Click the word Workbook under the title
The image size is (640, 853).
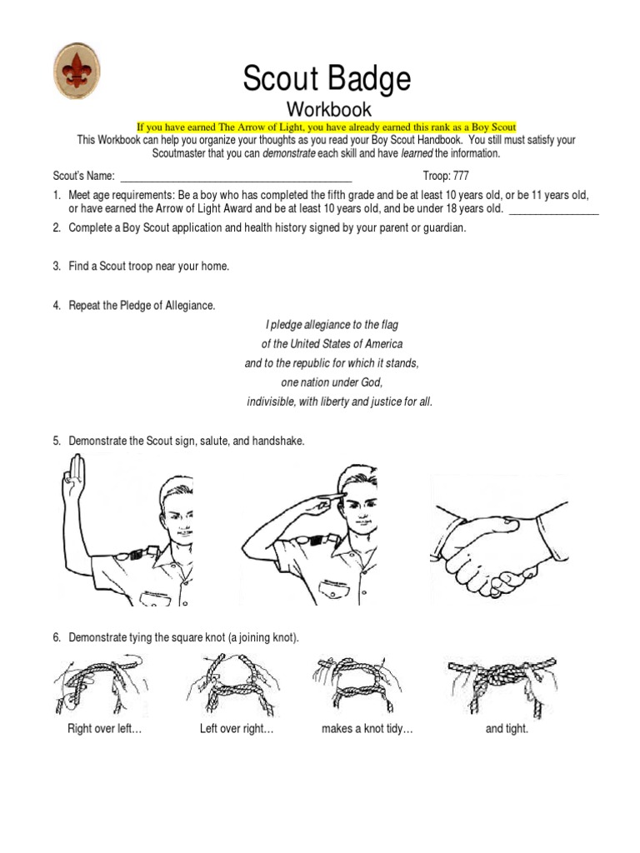click(329, 109)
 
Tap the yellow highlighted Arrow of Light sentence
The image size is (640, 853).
click(327, 127)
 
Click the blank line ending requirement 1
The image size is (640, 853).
click(553, 209)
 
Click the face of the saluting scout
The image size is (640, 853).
click(359, 507)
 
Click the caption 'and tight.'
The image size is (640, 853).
click(507, 729)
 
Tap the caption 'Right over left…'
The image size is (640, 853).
click(104, 729)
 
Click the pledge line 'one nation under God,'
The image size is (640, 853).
click(332, 382)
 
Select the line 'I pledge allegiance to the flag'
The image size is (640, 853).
click(332, 325)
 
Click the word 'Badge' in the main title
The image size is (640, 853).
click(373, 79)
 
